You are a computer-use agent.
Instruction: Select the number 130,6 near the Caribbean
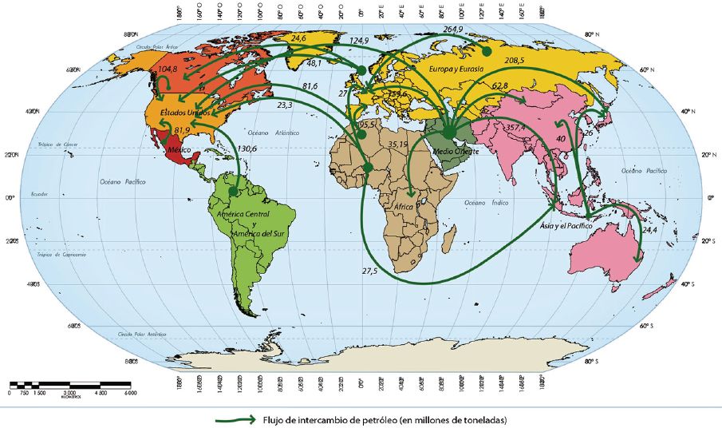[247, 149]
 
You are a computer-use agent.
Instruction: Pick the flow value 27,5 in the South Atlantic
[369, 271]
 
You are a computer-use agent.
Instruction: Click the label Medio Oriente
[455, 151]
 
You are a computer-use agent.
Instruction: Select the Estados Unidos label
[185, 113]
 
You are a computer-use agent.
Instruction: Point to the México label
[176, 150]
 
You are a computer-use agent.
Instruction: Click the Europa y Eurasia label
[457, 69]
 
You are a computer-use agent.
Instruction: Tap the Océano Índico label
[481, 204]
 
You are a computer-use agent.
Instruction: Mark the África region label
[404, 206]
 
